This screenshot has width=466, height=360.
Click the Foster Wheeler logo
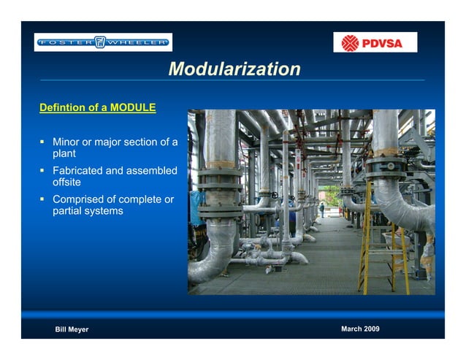103,42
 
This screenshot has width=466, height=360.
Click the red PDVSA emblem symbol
351,43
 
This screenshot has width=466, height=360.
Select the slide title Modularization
234,69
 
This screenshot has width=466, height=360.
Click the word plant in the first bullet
64,154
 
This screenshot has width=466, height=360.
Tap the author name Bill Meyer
72,329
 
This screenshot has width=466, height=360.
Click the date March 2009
360,329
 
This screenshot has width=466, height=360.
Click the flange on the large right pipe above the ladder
386,166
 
